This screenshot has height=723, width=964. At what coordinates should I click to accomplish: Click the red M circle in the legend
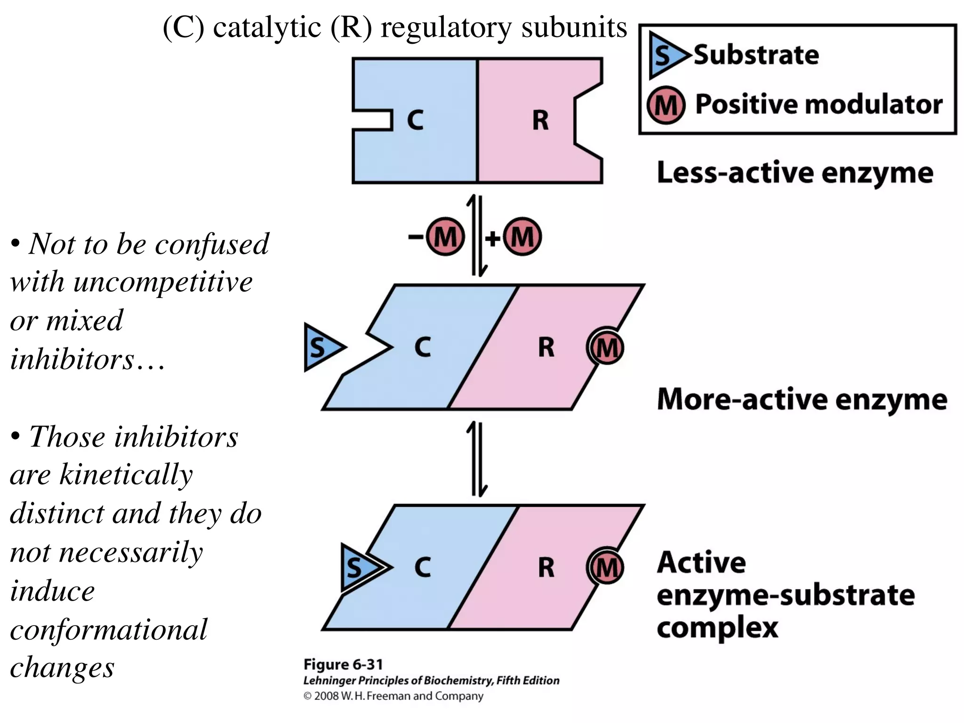point(666,104)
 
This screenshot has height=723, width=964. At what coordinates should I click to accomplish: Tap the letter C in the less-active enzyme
point(415,120)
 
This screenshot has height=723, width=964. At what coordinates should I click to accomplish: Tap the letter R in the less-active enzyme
point(540,120)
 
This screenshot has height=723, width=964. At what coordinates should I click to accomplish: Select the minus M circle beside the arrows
point(445,237)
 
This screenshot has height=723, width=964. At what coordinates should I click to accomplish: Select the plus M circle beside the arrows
point(522,237)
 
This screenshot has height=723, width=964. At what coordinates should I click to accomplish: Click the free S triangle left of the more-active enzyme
point(321,347)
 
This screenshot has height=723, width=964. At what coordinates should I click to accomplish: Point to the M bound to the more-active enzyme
point(606,348)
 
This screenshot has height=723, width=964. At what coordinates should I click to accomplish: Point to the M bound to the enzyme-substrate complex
point(606,568)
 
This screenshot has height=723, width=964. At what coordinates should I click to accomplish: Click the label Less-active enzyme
point(795,173)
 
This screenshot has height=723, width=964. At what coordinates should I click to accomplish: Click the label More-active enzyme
point(802,400)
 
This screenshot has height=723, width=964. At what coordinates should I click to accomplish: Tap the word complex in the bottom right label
point(717,628)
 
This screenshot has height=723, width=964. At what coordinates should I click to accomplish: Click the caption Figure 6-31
point(343,665)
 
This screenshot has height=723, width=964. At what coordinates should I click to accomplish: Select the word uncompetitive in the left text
point(163,282)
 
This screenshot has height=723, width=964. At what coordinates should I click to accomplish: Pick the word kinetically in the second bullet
point(126,474)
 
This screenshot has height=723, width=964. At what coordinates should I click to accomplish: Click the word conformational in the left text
point(108,630)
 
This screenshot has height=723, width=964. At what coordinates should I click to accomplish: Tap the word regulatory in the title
point(446,27)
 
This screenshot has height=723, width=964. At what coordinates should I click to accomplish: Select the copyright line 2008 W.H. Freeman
point(394,696)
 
